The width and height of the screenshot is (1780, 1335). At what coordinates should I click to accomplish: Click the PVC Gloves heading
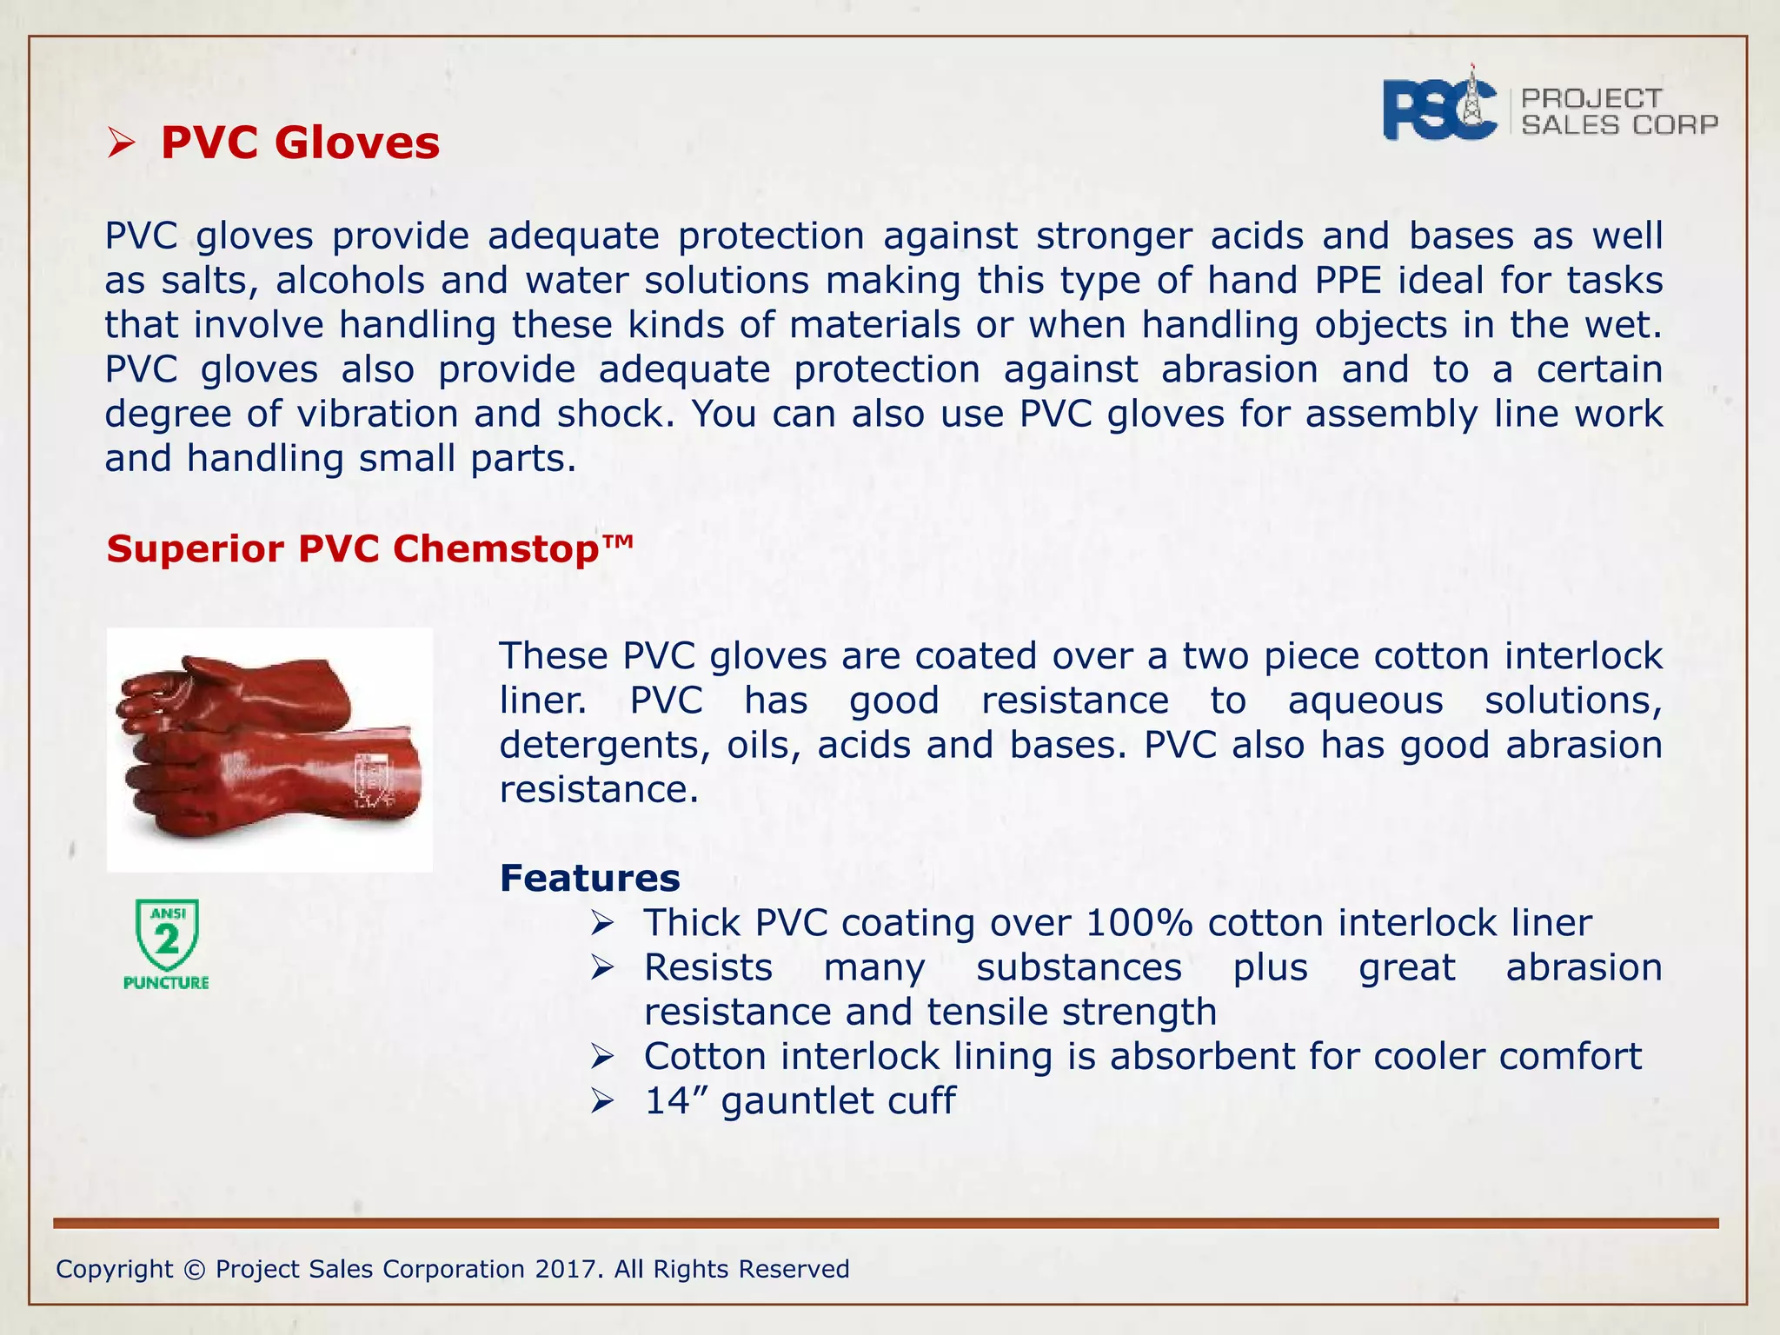coord(300,143)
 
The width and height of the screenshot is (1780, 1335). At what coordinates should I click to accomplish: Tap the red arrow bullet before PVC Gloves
coord(121,144)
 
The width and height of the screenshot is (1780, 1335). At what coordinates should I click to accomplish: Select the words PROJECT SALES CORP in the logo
coord(1618,112)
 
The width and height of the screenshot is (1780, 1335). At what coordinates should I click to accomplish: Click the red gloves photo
coord(269,748)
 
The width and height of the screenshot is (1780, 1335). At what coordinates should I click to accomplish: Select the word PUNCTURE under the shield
coord(166,983)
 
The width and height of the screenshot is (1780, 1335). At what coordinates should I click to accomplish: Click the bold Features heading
coord(589,879)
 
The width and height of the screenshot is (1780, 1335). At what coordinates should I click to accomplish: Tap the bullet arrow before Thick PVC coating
coord(602,923)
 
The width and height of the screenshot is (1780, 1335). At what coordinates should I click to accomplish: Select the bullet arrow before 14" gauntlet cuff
coord(602,1102)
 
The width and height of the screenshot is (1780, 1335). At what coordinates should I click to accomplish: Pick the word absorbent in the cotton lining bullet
coord(1203,1057)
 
